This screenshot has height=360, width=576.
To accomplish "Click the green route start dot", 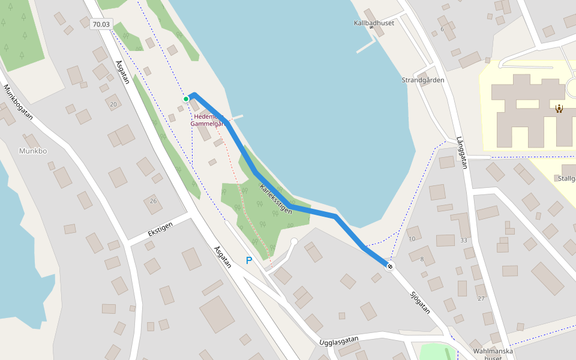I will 186,98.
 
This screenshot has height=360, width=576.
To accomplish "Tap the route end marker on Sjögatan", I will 390,266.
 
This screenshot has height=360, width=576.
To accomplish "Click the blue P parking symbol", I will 249,260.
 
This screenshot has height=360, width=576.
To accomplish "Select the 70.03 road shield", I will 101,24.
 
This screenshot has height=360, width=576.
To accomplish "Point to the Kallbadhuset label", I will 373,23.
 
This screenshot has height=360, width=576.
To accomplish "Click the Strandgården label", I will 423,80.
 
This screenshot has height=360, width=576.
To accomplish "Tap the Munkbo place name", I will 32,151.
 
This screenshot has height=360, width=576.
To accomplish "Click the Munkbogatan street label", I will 17,102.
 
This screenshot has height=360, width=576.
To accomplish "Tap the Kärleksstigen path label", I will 275,199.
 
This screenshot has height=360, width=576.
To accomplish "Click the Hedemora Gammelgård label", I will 206,120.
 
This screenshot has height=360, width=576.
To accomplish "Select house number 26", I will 153,201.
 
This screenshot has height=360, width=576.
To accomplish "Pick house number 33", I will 463,240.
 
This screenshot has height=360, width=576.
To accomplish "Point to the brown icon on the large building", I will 559,109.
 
